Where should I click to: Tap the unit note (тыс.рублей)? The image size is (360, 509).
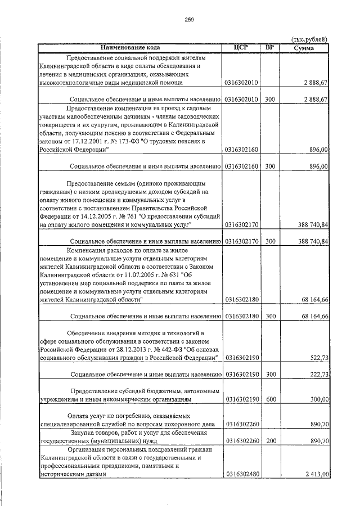pos(309,39)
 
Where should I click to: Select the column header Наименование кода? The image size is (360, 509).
pos(131,47)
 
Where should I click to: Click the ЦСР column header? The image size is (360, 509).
pos(241,47)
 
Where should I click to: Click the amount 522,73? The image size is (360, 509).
pos(319,357)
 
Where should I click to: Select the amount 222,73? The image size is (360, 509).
pos(319,374)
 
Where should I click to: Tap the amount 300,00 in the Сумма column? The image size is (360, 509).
pos(319,399)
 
